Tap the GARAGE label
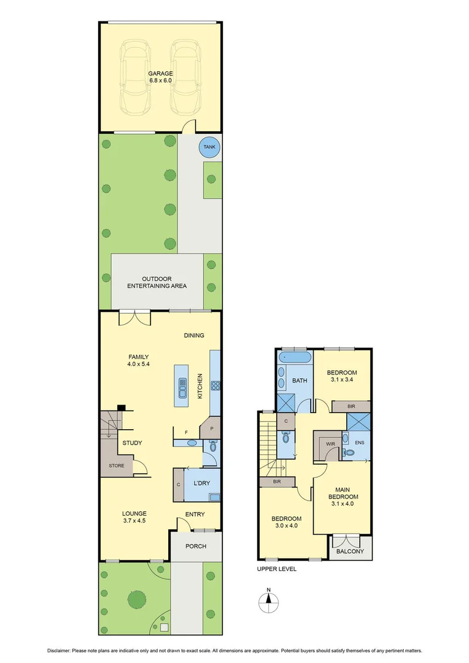(160, 74)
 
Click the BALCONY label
(351, 551)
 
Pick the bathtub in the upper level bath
(295, 358)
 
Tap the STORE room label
(117, 466)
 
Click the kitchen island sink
(182, 386)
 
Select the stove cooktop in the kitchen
(215, 386)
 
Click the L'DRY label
(201, 483)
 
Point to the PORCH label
(195, 546)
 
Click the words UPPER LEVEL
(276, 569)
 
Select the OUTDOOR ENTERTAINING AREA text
(157, 282)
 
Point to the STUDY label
(133, 443)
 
